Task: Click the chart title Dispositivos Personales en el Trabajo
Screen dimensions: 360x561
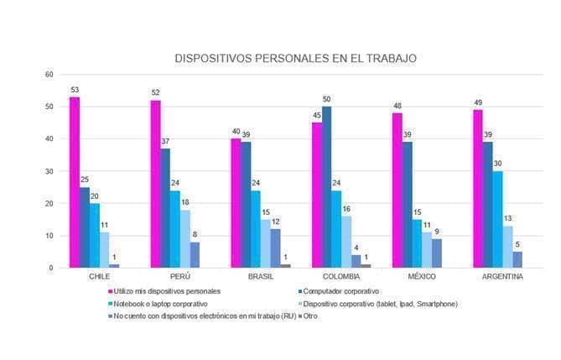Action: [x=295, y=59]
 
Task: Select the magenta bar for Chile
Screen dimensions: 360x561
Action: [x=75, y=182]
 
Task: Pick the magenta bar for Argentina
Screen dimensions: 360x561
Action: [x=477, y=189]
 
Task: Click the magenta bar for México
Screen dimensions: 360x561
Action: [x=397, y=190]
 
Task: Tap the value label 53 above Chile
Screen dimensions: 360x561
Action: [x=75, y=90]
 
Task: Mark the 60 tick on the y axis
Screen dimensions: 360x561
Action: [x=49, y=75]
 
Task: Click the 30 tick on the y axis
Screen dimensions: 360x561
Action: [x=49, y=171]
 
